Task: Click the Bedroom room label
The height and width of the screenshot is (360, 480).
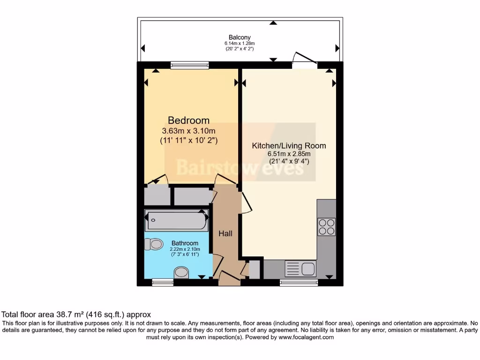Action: point(188,120)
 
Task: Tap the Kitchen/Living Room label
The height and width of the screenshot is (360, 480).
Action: point(289,146)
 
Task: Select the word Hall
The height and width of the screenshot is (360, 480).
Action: point(225,233)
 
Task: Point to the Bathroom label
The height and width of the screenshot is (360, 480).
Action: point(185,243)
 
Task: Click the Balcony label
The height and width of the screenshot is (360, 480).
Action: point(240,37)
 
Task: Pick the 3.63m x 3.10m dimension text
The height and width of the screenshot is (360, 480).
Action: point(188,131)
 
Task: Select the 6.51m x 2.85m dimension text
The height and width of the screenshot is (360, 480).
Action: point(289,154)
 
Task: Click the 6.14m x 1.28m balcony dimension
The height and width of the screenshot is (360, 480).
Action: point(240,44)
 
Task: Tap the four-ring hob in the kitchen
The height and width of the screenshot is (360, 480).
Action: point(327,227)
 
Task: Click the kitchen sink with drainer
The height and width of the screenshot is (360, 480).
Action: point(300,269)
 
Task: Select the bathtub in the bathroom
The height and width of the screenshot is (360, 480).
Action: point(176,220)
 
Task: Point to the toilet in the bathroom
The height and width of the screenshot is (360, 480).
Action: point(154,244)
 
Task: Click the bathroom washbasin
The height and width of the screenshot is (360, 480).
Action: point(181,272)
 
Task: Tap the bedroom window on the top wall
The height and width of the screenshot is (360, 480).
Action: point(190,65)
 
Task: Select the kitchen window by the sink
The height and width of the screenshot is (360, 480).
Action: point(299,282)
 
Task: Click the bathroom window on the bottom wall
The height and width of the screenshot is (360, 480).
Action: point(163,282)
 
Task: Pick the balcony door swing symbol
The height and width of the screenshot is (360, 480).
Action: point(304,58)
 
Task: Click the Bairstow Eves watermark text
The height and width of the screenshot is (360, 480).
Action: point(240,167)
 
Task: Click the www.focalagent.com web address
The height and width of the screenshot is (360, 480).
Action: point(306,337)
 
